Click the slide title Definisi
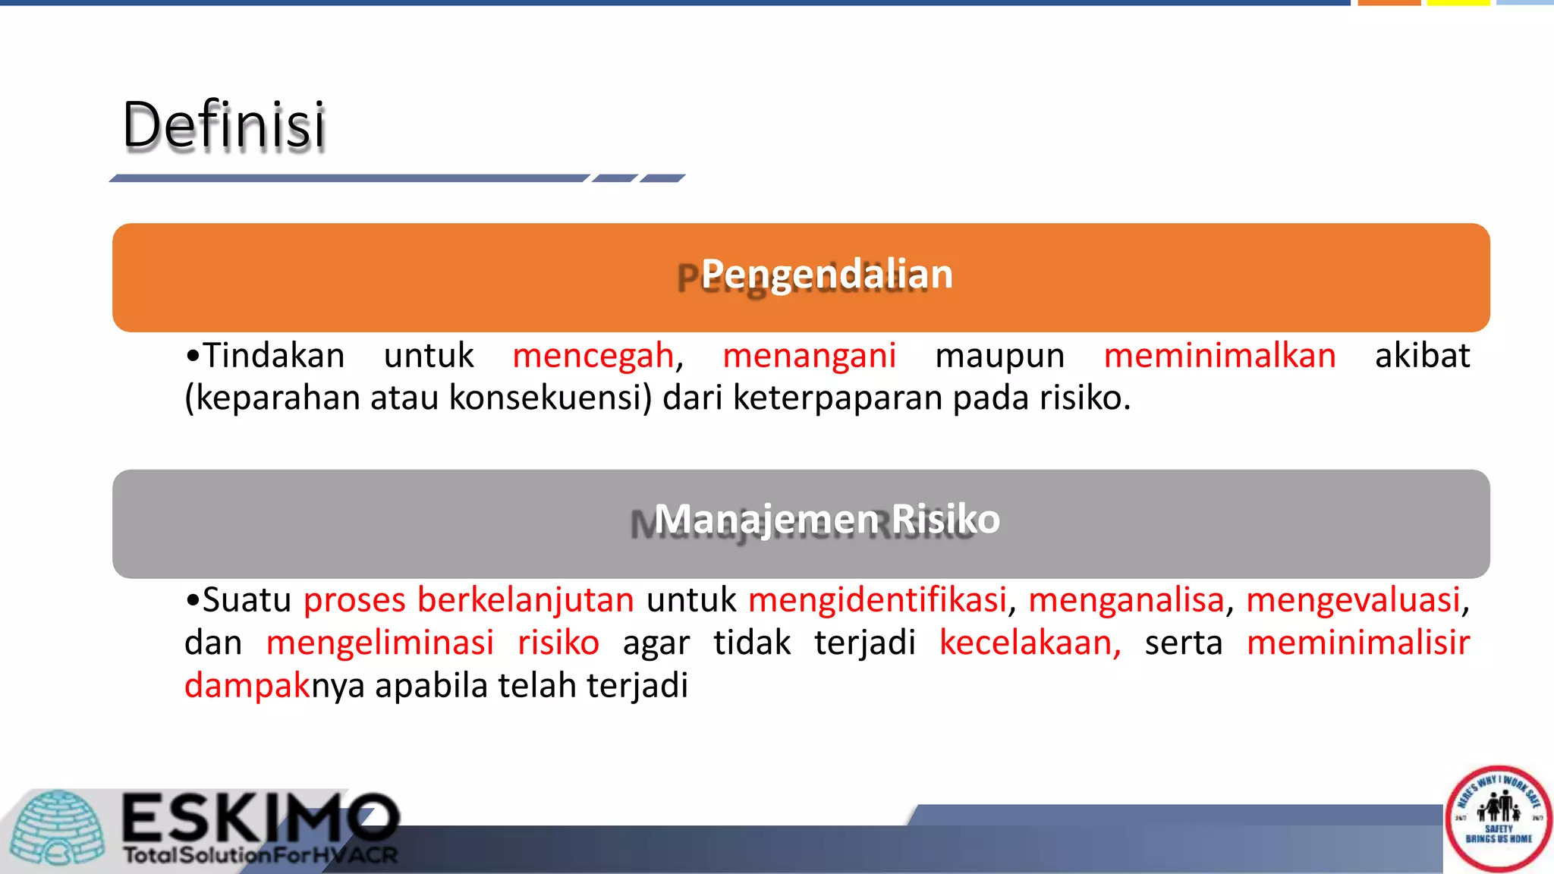pos(224,125)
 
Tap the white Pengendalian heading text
pos(826,274)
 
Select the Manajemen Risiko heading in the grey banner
pos(826,520)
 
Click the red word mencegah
pos(593,356)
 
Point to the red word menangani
pos(809,356)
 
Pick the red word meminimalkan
pos(1219,356)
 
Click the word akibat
pos(1422,356)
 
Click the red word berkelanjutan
pos(525,600)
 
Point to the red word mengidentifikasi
pos(877,600)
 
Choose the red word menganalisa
pos(1126,600)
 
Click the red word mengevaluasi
pos(1353,600)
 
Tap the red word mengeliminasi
pos(379,643)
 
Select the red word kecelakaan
pos(1029,643)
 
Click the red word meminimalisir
pos(1357,643)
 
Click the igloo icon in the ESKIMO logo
pos(59,828)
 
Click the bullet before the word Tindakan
pos(193,356)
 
